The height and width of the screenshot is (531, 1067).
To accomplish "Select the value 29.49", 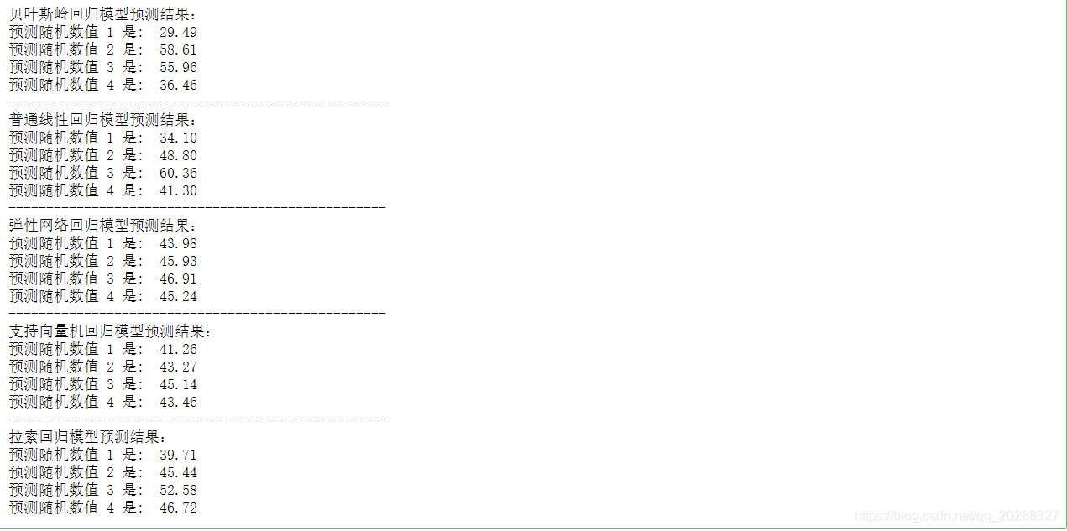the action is tap(178, 33).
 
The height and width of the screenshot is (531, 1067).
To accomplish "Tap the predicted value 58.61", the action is tap(178, 50).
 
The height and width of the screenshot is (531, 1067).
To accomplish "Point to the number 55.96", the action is tap(178, 68).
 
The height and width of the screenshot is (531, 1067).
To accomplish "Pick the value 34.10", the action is tap(178, 138).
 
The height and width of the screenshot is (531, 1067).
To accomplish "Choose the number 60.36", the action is tap(178, 173).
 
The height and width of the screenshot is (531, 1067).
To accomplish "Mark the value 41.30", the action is tap(178, 190).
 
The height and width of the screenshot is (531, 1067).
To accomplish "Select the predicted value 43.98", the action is tap(178, 243).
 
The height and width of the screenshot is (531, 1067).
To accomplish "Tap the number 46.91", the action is tap(178, 279).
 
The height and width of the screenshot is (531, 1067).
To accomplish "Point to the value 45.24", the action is tap(178, 296).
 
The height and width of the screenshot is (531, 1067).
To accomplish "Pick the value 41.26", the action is tap(178, 349).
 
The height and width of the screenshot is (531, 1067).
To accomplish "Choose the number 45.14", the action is tap(178, 384).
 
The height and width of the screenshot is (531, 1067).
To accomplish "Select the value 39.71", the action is tap(178, 455).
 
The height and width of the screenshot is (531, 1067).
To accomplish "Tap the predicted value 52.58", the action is tap(178, 490).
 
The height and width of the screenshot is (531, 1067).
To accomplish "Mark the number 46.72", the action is tap(178, 508).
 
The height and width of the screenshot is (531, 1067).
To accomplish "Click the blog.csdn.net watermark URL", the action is tap(957, 516).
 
